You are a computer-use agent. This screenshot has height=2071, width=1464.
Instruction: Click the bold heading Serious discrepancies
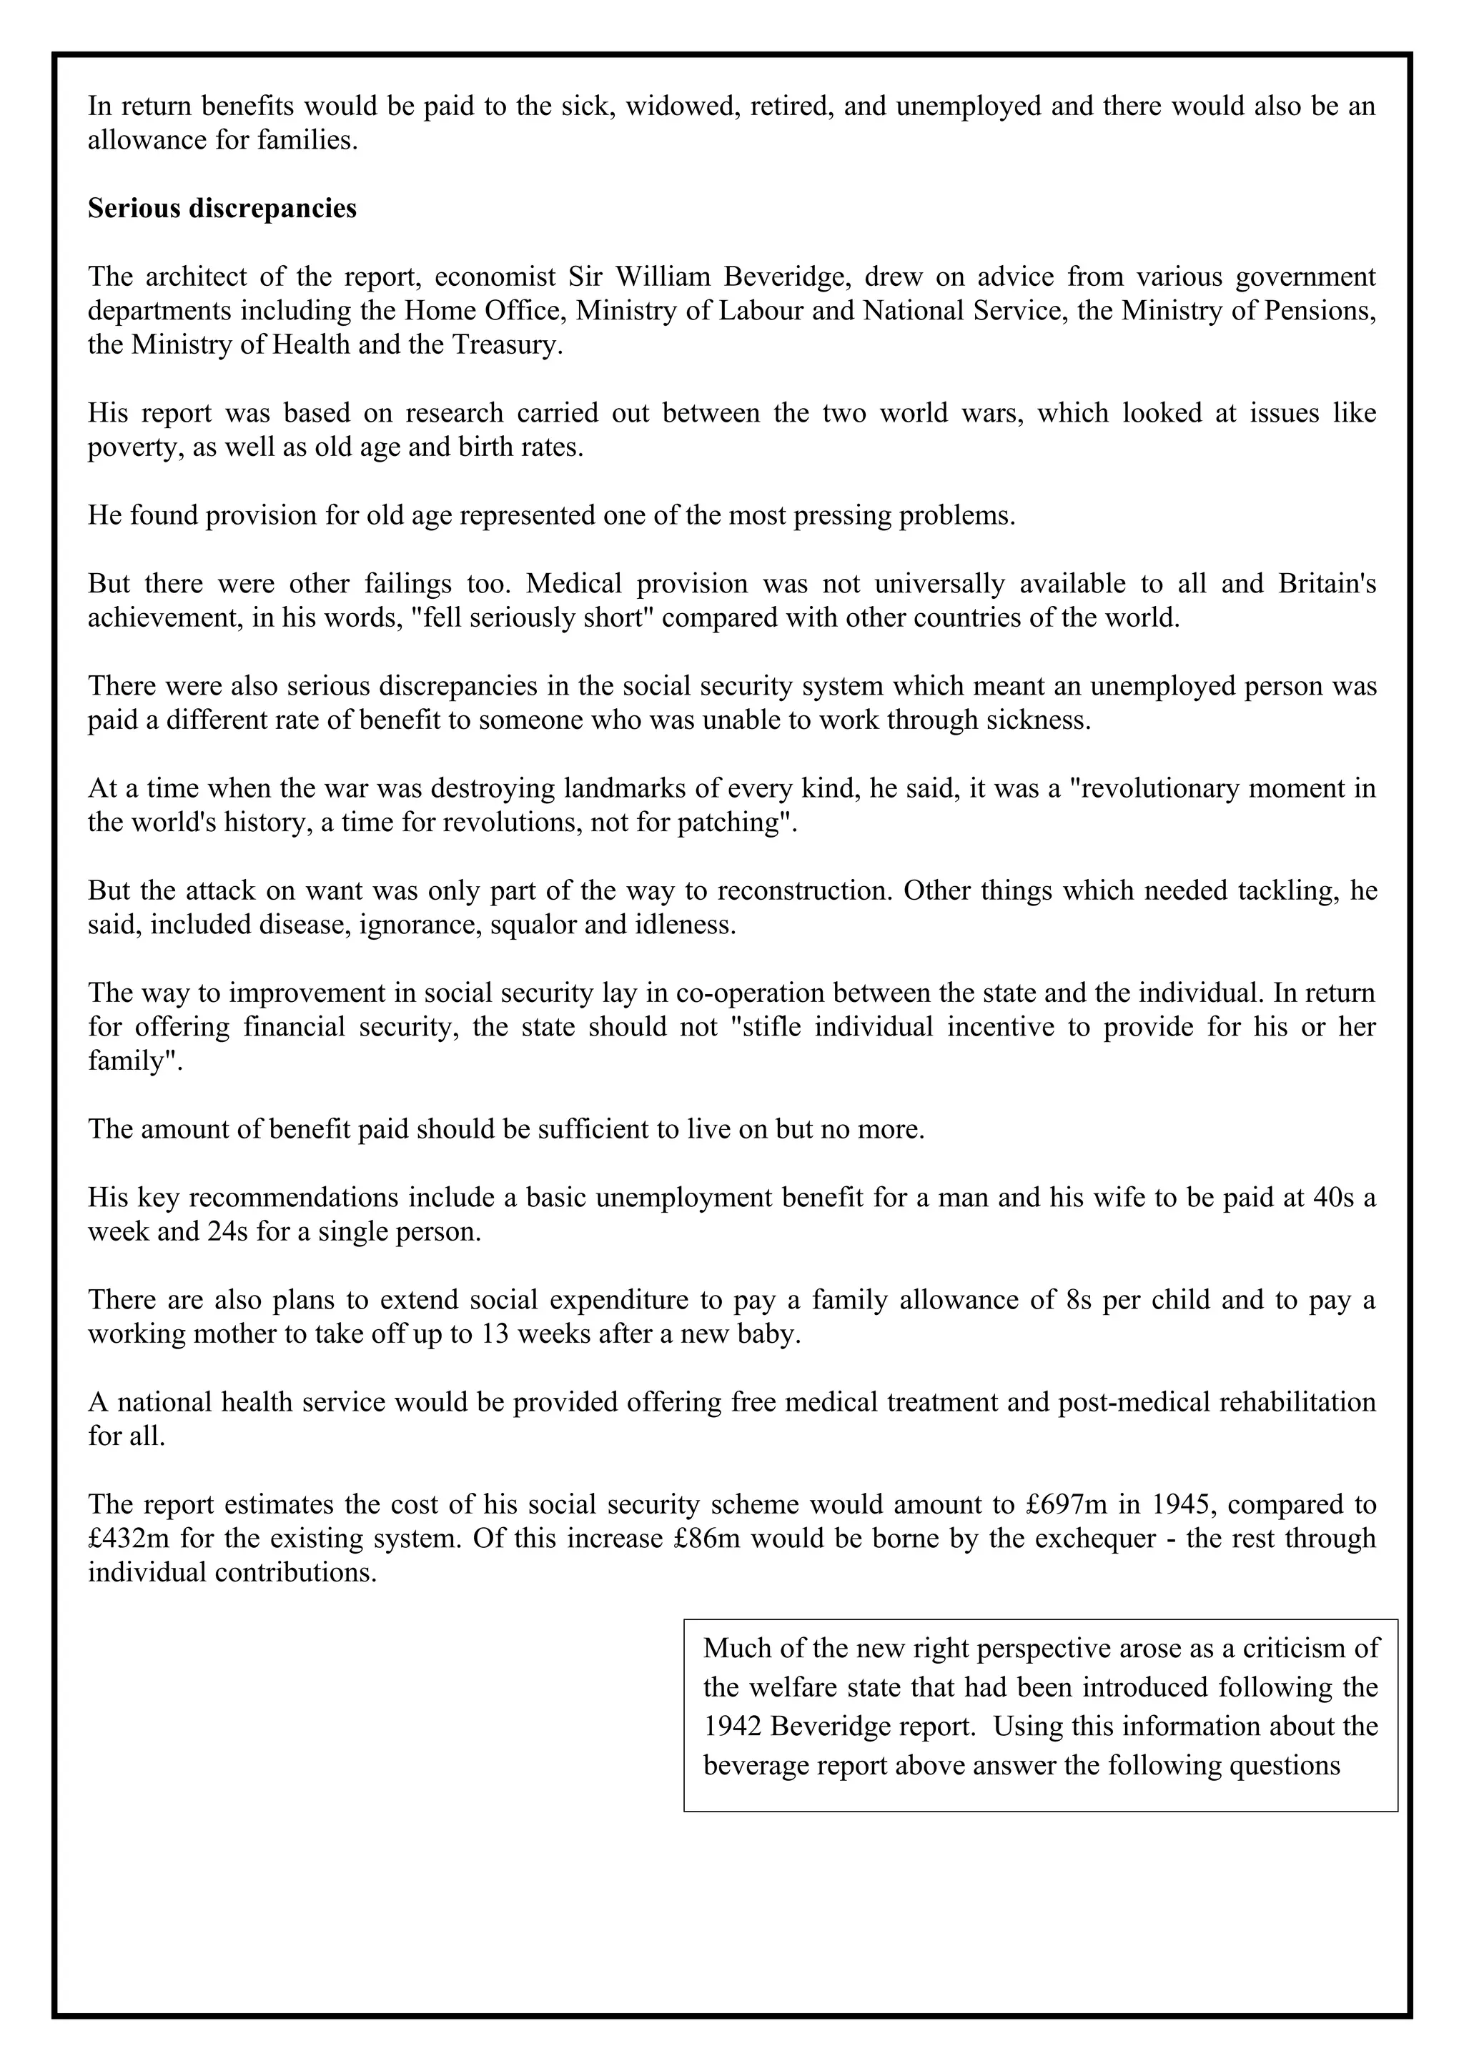point(222,209)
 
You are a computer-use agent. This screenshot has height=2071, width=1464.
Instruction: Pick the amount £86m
point(706,1538)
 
